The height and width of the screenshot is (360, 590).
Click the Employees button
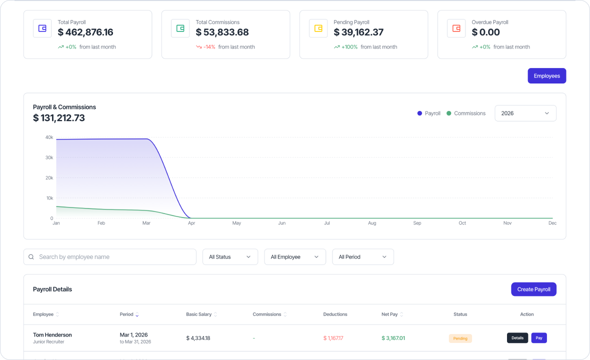pos(546,76)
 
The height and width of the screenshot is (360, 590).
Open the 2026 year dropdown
pos(525,113)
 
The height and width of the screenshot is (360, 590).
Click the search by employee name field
pos(110,257)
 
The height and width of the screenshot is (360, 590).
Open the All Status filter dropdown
pos(230,257)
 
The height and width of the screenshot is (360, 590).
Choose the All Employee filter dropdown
pos(294,257)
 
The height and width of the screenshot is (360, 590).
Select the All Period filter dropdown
pos(362,257)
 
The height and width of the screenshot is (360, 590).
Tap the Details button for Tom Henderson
pos(517,338)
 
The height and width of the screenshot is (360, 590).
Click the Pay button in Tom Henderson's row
pos(538,338)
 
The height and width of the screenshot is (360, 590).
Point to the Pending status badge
pos(460,338)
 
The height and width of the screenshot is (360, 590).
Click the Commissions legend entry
pos(466,113)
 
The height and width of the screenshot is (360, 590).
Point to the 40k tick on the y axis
pos(49,137)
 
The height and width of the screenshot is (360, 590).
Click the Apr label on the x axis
pos(191,223)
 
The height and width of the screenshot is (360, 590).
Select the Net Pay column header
pos(389,314)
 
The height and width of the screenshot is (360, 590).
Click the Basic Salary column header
pos(199,314)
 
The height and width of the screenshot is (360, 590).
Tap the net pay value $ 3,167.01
pos(393,338)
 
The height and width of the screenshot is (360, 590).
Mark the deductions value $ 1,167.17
pos(333,338)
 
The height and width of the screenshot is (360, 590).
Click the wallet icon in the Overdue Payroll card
pos(456,28)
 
